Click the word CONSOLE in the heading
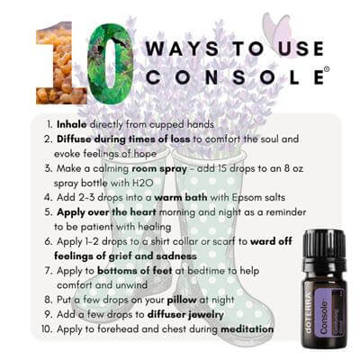tap(235, 77)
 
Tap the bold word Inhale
tap(72, 124)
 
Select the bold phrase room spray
tap(159, 168)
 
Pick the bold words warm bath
tap(181, 198)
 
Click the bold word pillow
tap(182, 300)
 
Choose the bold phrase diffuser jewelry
tap(185, 315)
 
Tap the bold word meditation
tap(247, 329)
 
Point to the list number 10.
tap(47, 329)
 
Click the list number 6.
tap(49, 242)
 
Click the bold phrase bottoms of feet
tap(134, 271)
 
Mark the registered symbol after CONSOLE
tap(327, 69)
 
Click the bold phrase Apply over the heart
tap(106, 212)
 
